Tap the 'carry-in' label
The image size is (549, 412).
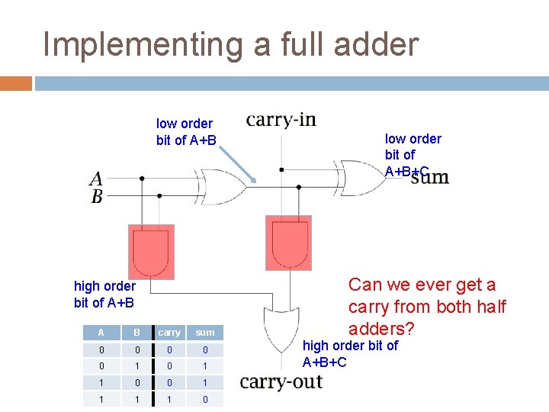(x=281, y=121)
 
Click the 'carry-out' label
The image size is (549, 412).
(x=281, y=382)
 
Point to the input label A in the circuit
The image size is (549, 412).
(x=96, y=179)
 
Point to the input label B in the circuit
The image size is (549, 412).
(x=97, y=196)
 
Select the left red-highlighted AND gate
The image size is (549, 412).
(x=151, y=252)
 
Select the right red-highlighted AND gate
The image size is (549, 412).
(x=288, y=243)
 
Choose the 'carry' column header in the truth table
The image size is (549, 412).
(x=169, y=333)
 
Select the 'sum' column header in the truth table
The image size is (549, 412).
(x=204, y=333)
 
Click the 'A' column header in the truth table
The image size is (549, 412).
(x=101, y=333)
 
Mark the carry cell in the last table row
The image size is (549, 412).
(x=169, y=400)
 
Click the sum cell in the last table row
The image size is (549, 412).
(x=204, y=400)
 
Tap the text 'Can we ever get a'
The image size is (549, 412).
(x=422, y=285)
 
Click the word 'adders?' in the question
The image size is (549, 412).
(x=381, y=329)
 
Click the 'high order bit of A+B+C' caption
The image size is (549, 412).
(x=350, y=353)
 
